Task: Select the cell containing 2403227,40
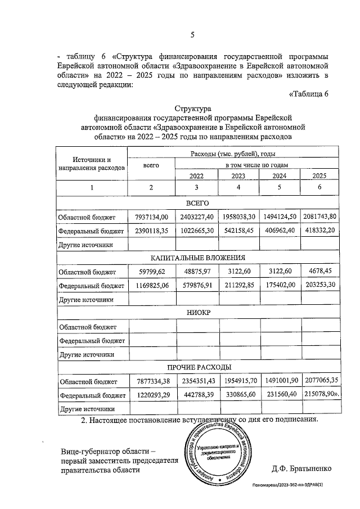point(197,216)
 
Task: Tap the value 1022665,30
point(197,231)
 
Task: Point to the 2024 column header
point(279,175)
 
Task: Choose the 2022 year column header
point(197,175)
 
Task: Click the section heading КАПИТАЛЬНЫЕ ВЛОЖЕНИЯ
point(197,258)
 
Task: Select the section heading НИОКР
point(197,313)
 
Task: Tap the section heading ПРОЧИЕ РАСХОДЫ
point(197,368)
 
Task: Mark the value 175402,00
point(279,286)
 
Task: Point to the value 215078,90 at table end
point(320,395)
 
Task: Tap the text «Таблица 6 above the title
point(308,93)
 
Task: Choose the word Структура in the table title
point(192,107)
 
